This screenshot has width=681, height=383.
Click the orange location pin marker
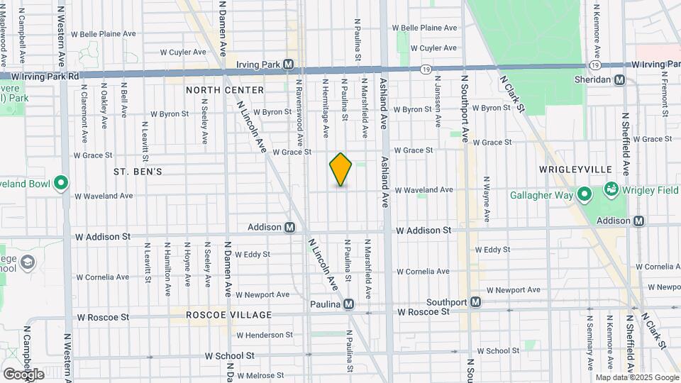(340, 170)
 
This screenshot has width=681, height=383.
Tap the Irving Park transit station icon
(289, 65)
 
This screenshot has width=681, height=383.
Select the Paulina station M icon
(348, 304)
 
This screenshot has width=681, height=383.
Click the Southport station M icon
(476, 302)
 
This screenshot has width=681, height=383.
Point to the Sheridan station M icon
(619, 80)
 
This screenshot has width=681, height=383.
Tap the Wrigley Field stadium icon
(610, 189)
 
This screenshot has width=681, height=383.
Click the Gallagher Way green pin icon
(585, 194)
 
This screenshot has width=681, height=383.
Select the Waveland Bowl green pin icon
(60, 184)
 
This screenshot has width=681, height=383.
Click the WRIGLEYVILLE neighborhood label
(575, 170)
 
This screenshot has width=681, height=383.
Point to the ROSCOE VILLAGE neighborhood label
(229, 314)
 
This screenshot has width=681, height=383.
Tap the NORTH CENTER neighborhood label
(225, 90)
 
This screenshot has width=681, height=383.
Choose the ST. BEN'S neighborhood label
(138, 172)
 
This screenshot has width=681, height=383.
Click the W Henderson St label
(265, 335)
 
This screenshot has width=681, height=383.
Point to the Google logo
(23, 374)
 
